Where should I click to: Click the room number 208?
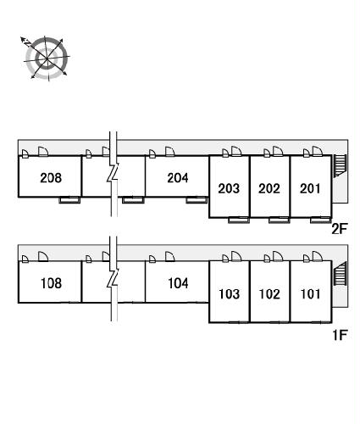coord(51,178)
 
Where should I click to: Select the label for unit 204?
coord(178,178)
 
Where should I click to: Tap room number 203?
coord(229,188)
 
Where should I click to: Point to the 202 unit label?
coord(269,188)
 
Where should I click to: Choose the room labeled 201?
coord(310,188)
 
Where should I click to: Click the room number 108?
coord(51,283)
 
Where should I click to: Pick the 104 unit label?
coord(178,283)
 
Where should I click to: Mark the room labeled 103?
coord(230,294)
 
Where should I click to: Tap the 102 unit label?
coord(269,294)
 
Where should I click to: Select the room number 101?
coord(310,294)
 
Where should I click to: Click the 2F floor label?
coord(339,229)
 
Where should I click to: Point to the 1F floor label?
coord(340,335)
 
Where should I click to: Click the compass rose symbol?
coord(47,59)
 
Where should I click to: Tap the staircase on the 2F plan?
coord(340,165)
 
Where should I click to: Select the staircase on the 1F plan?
coord(340,273)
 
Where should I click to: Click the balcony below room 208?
coord(69,200)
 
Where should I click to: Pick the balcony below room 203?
coord(239,220)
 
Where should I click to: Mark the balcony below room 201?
coord(320,220)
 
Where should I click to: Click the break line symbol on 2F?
coord(114,174)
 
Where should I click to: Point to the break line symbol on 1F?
coord(114,279)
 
